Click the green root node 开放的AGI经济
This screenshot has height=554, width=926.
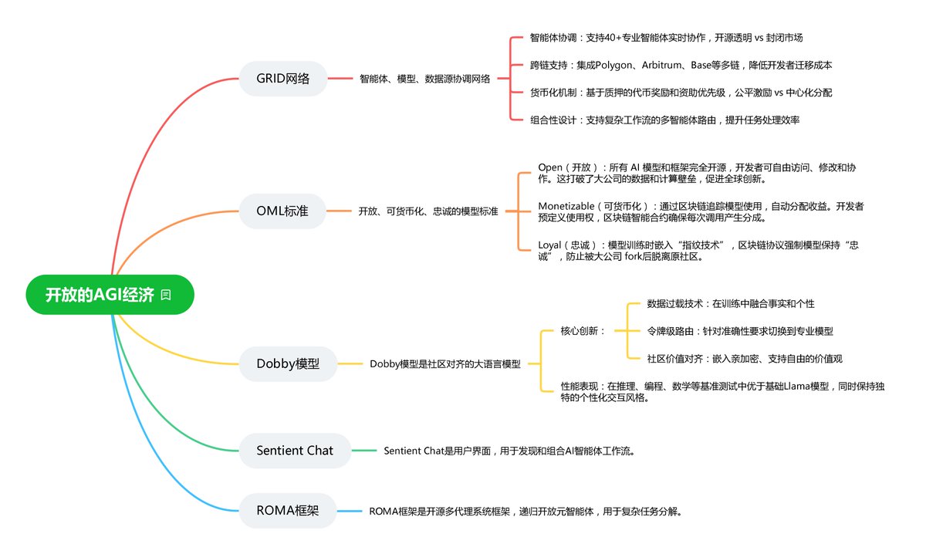point(100,295)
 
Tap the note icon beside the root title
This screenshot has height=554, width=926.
point(166,295)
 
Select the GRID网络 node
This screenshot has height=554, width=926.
point(283,78)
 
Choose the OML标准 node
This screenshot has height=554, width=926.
point(282,211)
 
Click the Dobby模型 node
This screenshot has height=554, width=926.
point(288,363)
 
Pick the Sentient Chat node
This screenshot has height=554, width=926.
point(295,450)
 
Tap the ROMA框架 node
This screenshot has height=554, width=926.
point(287,511)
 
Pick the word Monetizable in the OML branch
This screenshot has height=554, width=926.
point(570,206)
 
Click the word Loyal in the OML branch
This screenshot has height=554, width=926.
point(550,245)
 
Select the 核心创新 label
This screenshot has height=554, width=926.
point(583,331)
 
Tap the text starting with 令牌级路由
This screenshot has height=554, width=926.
point(740,331)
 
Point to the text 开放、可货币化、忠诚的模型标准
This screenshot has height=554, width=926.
point(428,211)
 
